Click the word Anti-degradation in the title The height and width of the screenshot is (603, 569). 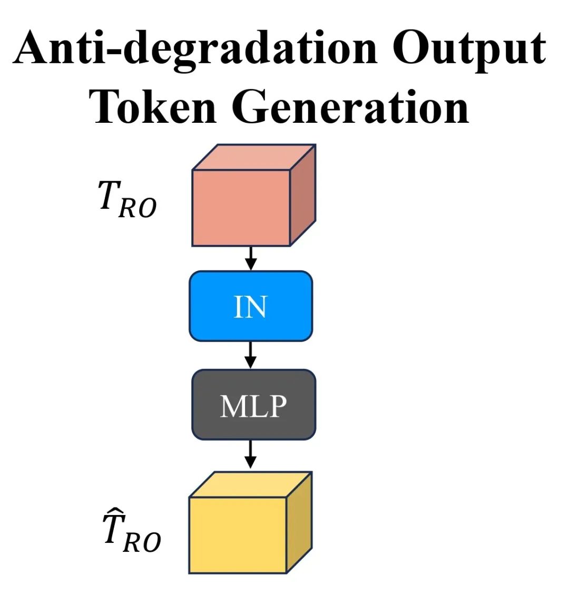coord(195,48)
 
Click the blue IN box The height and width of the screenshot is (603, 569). coord(251,306)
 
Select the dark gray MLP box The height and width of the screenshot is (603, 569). coord(253,405)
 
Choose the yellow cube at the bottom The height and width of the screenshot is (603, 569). coord(238,534)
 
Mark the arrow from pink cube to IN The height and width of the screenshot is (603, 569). coord(251,258)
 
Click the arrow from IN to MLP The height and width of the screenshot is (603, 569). coord(251,355)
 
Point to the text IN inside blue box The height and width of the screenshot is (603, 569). coord(250,307)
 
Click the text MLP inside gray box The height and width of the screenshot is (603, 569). coord(253,406)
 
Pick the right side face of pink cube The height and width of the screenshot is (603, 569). coord(303,195)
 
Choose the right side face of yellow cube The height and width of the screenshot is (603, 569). coord(299,522)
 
